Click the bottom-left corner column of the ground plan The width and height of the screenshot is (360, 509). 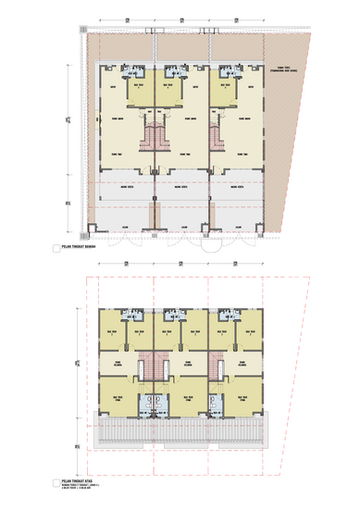click(x=91, y=228)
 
